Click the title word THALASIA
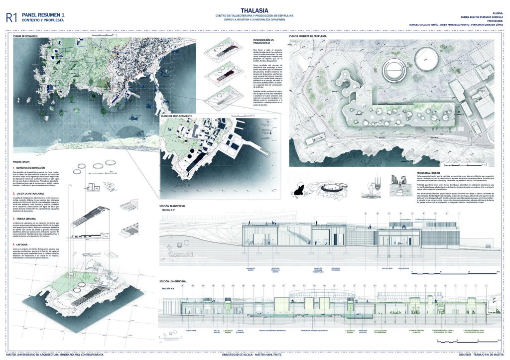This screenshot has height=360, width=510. (255, 9)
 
